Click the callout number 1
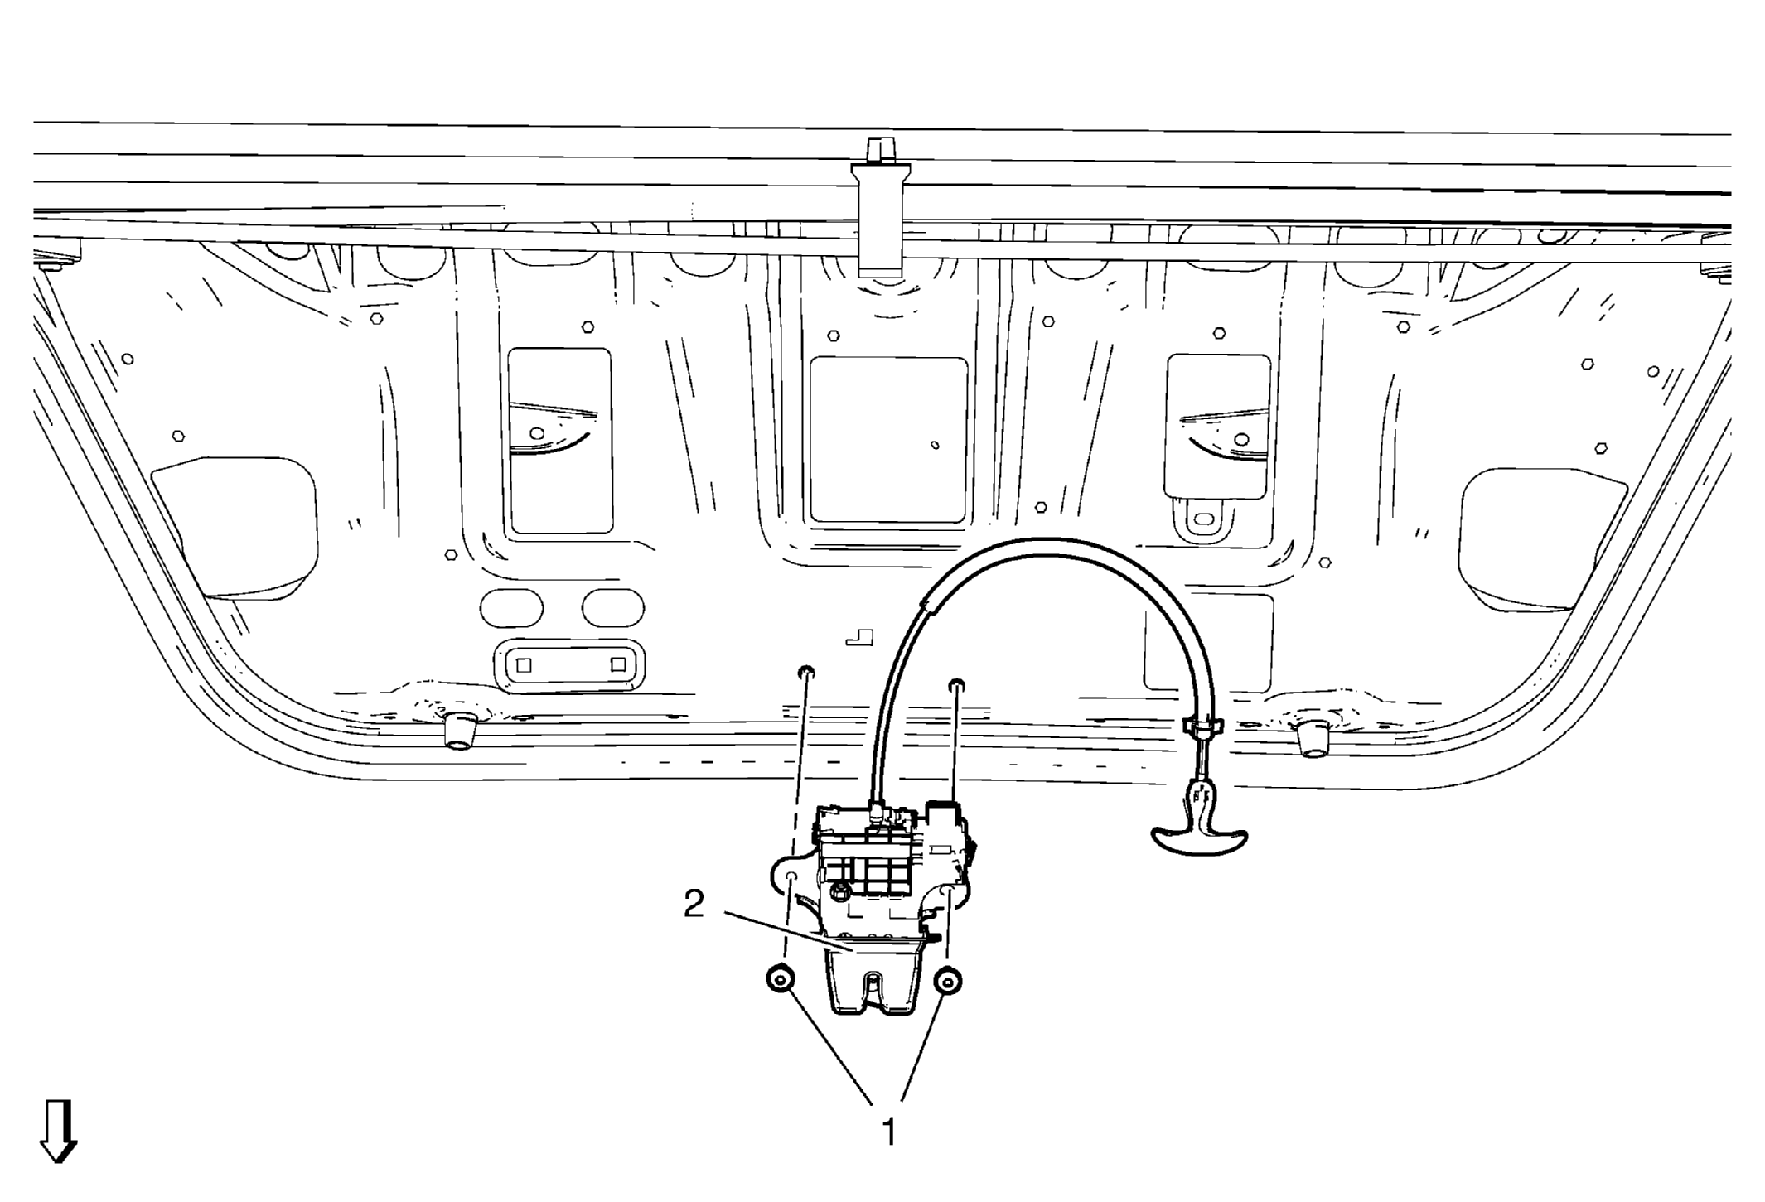[x=888, y=1132]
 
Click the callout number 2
[x=694, y=904]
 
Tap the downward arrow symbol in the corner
[x=58, y=1132]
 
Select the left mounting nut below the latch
[x=780, y=980]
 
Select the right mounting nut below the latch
[x=948, y=981]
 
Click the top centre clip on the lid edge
[x=881, y=207]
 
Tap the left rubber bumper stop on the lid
[x=460, y=730]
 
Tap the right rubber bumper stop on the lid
[x=1312, y=737]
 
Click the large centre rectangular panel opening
[x=888, y=440]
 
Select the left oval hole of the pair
[x=511, y=609]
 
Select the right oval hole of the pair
[x=613, y=609]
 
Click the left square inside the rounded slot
[x=524, y=665]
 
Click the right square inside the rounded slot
[x=618, y=664]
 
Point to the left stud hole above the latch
[x=806, y=671]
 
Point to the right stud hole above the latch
[x=956, y=685]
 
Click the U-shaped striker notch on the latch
[x=871, y=987]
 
